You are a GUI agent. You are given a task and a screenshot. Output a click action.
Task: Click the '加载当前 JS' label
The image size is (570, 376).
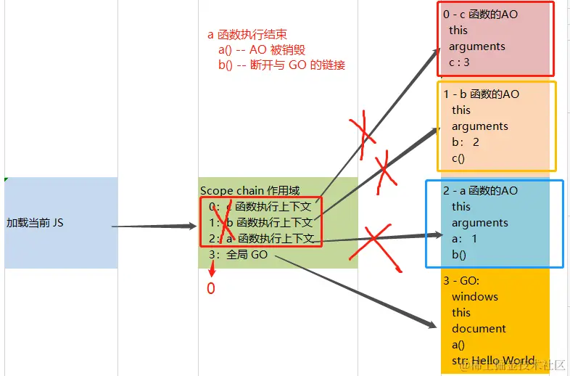click(35, 223)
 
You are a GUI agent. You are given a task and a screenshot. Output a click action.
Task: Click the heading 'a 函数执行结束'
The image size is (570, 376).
click(247, 34)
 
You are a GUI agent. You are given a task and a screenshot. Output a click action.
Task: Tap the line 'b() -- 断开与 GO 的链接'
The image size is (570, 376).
click(281, 65)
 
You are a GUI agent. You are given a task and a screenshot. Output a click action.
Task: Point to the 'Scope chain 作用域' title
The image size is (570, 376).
click(249, 191)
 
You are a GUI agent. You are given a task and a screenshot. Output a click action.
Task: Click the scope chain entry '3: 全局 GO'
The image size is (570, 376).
click(238, 255)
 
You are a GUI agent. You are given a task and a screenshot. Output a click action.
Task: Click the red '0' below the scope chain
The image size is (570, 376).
click(211, 288)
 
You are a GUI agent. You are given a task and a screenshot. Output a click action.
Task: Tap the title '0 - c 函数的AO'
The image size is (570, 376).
click(480, 15)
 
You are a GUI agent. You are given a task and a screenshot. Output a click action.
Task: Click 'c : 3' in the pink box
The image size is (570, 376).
click(459, 62)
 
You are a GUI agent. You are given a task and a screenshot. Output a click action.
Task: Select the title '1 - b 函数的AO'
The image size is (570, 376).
click(481, 94)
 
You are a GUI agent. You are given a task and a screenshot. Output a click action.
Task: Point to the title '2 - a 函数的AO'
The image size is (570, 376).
click(480, 191)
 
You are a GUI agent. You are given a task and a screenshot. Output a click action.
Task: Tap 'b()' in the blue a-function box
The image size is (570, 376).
click(459, 255)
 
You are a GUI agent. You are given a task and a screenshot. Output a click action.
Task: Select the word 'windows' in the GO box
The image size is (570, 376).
click(474, 297)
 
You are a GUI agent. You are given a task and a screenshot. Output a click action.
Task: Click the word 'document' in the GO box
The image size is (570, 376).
click(479, 329)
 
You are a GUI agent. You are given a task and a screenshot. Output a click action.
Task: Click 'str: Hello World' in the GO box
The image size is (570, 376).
click(493, 361)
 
